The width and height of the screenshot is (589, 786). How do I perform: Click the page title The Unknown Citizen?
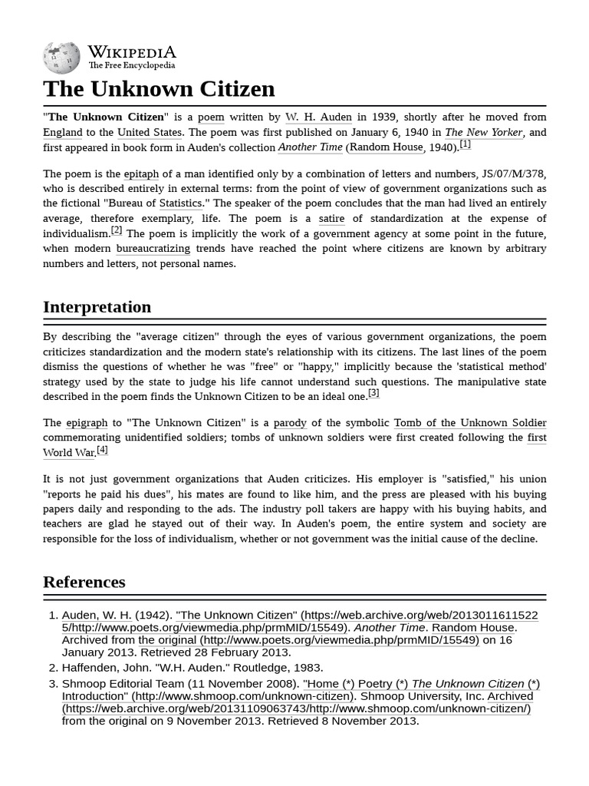pos(159,89)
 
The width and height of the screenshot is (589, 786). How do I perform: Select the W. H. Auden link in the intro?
pos(318,117)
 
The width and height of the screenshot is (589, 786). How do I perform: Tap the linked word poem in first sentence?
pos(211,117)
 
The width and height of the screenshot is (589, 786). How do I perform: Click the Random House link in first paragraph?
pos(387,147)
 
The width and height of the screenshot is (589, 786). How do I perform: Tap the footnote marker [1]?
pos(465,144)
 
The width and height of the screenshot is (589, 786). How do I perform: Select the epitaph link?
pos(141,174)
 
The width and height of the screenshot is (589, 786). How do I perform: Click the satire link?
pos(331,219)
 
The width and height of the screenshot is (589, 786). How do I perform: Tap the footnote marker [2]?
pos(117,230)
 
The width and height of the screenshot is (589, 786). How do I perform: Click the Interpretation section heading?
pos(97,307)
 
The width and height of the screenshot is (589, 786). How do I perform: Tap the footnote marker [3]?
pos(373,393)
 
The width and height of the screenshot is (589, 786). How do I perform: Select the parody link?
pos(290,423)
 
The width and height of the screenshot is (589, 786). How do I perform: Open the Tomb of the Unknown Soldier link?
pos(469,423)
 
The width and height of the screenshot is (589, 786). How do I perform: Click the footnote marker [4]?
pos(102,450)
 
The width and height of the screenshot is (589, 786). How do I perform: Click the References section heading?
pos(84,582)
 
